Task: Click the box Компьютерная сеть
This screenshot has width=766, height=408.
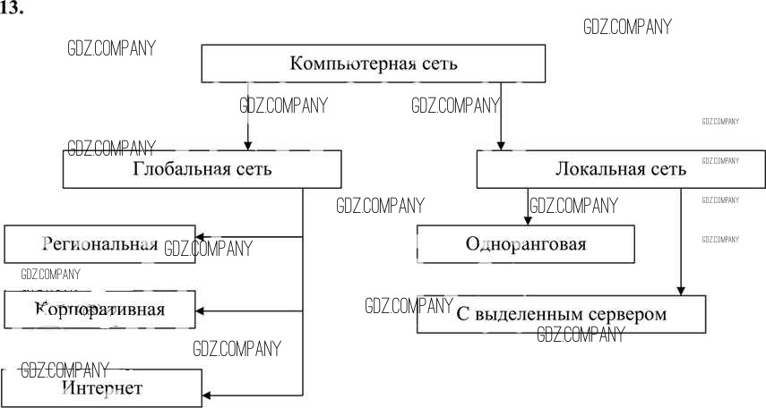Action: [x=373, y=64]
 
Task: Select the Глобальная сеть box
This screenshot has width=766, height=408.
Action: [x=202, y=168]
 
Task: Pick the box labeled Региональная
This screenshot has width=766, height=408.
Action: [x=99, y=243]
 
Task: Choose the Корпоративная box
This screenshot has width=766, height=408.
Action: [x=99, y=310]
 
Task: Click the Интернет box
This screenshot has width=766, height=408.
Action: [x=101, y=387]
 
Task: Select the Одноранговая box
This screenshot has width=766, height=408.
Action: [x=526, y=242]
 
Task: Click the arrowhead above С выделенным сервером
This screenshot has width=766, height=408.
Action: [x=681, y=289]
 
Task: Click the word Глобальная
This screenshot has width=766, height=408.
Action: [x=177, y=168]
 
